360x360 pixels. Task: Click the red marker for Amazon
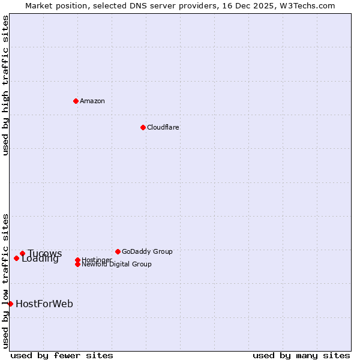76,101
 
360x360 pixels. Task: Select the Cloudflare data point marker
143,127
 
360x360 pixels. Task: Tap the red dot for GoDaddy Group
118,251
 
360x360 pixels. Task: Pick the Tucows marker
22,253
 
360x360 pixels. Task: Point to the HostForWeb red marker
10,304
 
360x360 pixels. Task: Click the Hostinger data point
77,260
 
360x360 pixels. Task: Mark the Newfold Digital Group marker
77,264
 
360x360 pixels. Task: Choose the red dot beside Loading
16,258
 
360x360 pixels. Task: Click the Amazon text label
92,101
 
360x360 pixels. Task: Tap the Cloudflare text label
163,127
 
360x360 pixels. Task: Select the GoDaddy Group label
147,251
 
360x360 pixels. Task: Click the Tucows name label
45,253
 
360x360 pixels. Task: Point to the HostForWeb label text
44,304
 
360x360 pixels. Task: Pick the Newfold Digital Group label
117,265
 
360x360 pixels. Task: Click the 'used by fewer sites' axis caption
62,355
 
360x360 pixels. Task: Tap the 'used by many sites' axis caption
301,355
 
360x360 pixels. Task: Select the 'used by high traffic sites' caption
5,85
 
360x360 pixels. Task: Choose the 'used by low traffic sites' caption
5,280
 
